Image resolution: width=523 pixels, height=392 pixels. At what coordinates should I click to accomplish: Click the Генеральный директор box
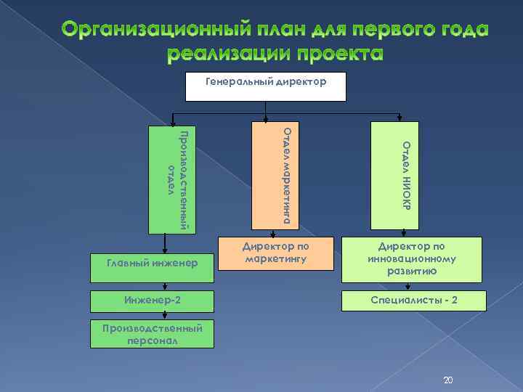267,86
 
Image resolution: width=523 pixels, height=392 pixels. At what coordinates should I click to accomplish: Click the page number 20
447,380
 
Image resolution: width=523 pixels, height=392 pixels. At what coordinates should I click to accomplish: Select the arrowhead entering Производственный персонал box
166,316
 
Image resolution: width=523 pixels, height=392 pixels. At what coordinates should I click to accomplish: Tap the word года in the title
457,30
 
